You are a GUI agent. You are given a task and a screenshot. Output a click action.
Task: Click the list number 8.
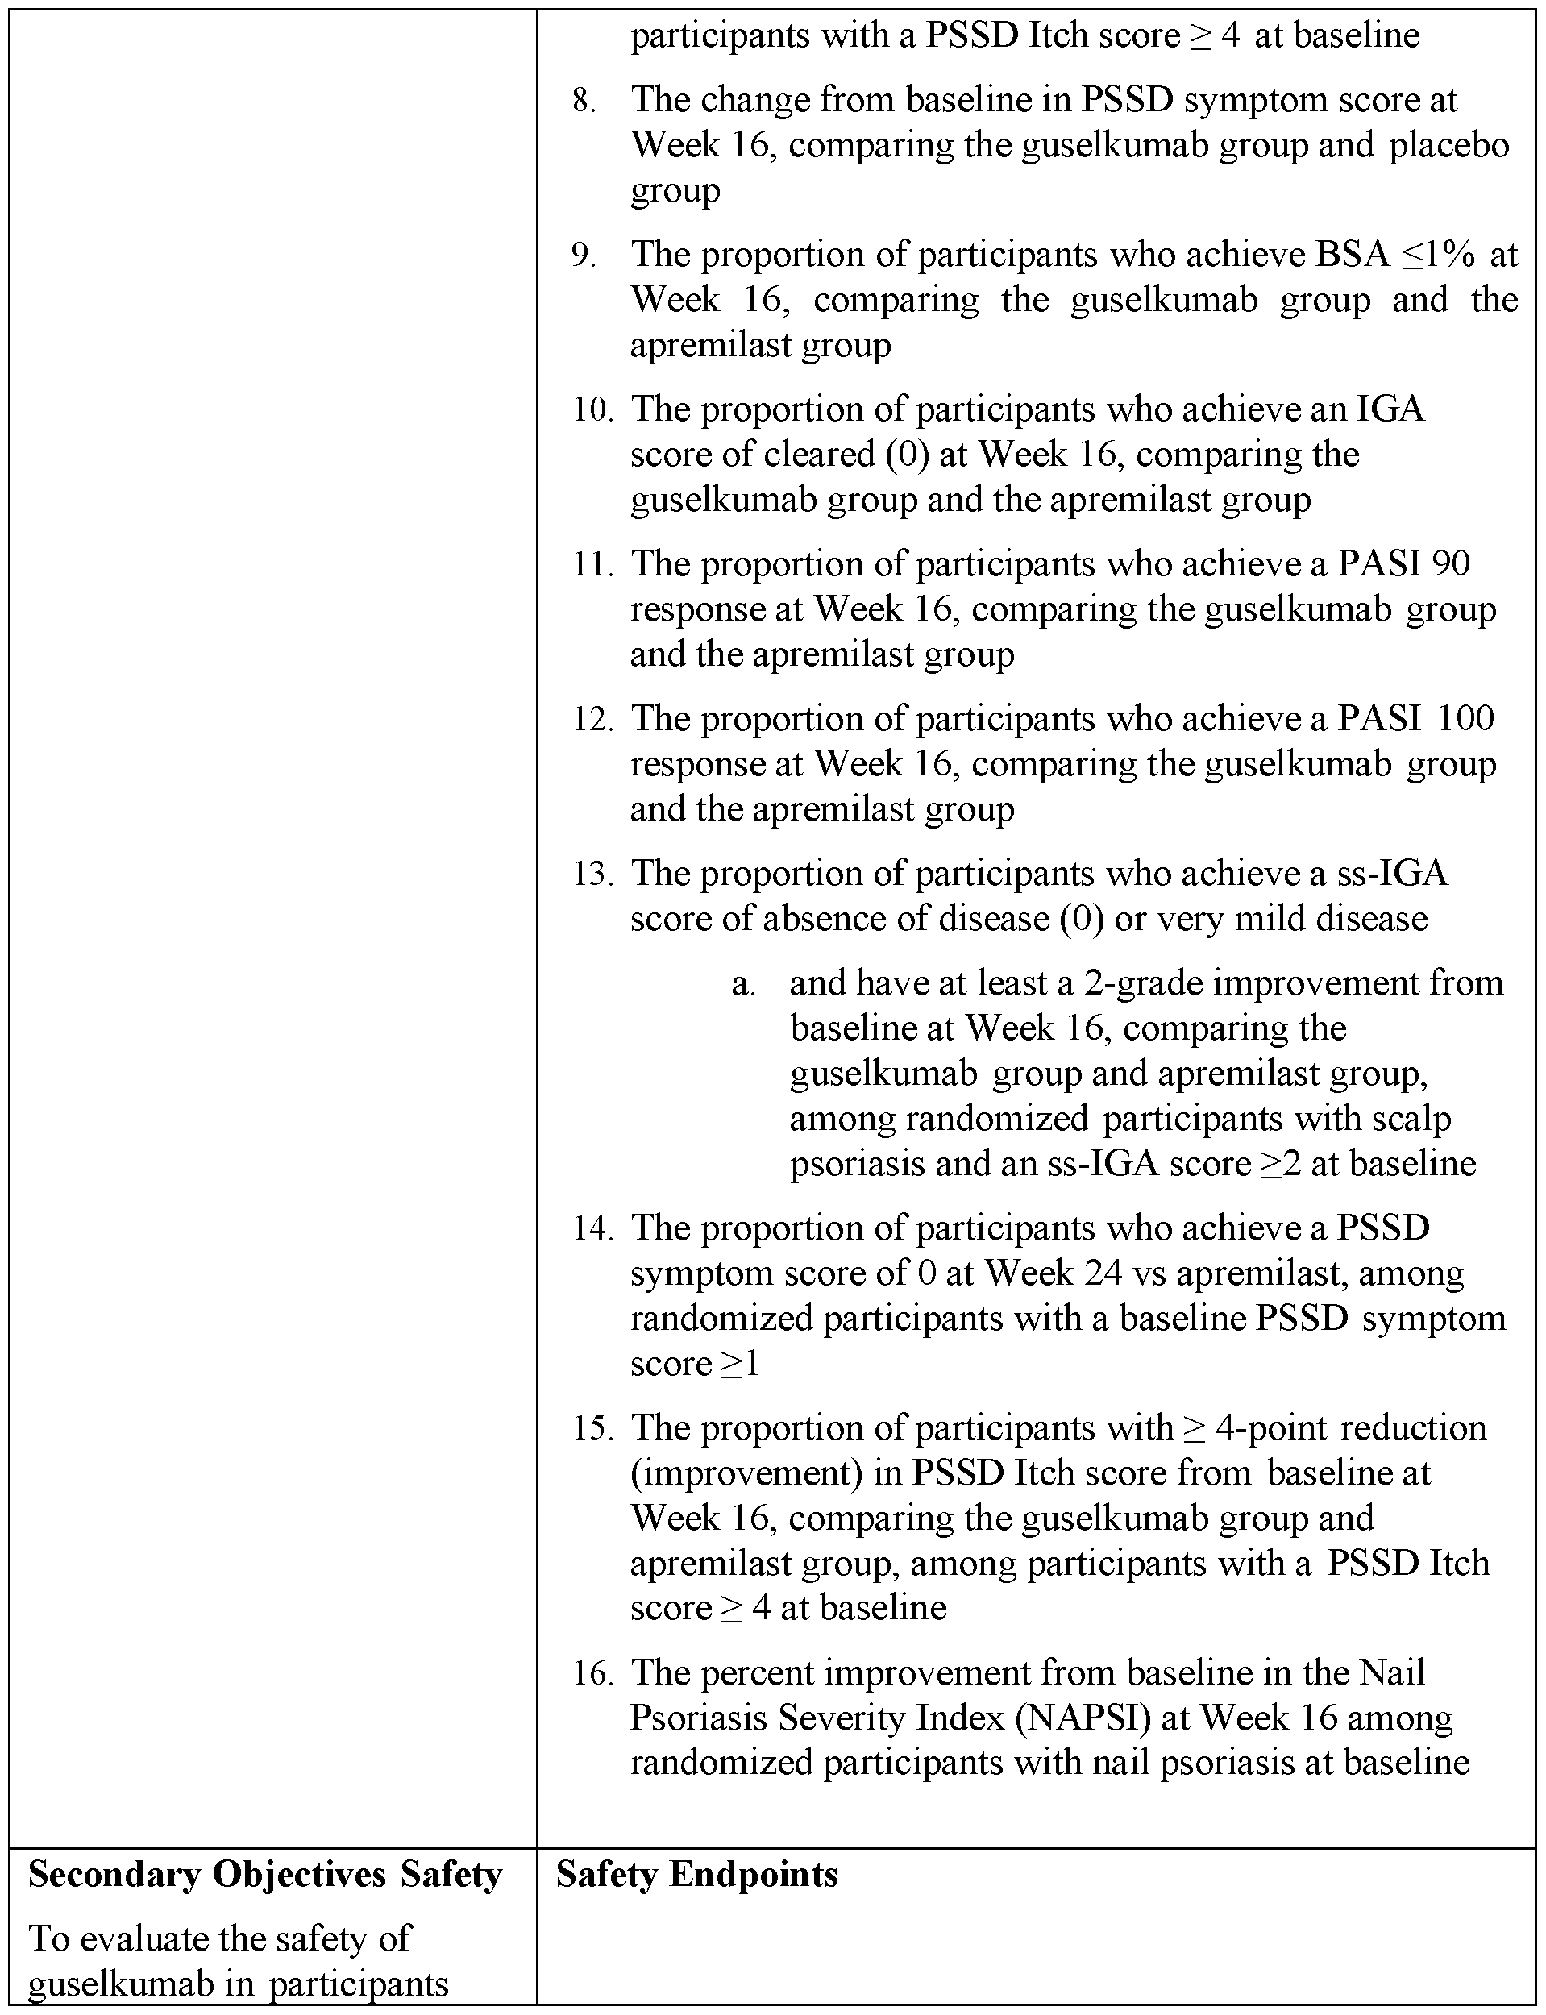(583, 100)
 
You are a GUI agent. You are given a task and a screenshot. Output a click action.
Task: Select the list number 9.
(583, 255)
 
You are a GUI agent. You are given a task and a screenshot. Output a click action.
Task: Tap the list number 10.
(592, 409)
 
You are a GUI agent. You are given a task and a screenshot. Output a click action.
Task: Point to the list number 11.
(592, 564)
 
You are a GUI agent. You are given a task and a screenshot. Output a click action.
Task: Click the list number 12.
(592, 719)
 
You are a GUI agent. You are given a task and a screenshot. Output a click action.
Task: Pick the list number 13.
(592, 873)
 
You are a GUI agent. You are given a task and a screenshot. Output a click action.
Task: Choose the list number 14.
(592, 1228)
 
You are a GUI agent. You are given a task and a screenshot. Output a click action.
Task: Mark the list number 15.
(592, 1428)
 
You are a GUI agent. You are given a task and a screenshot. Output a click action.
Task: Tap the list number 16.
(592, 1672)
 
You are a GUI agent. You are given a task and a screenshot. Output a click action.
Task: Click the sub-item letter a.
(742, 983)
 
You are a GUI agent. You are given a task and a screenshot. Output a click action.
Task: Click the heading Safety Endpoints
(696, 1874)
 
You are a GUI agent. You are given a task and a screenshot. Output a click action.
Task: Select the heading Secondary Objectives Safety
(265, 1874)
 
